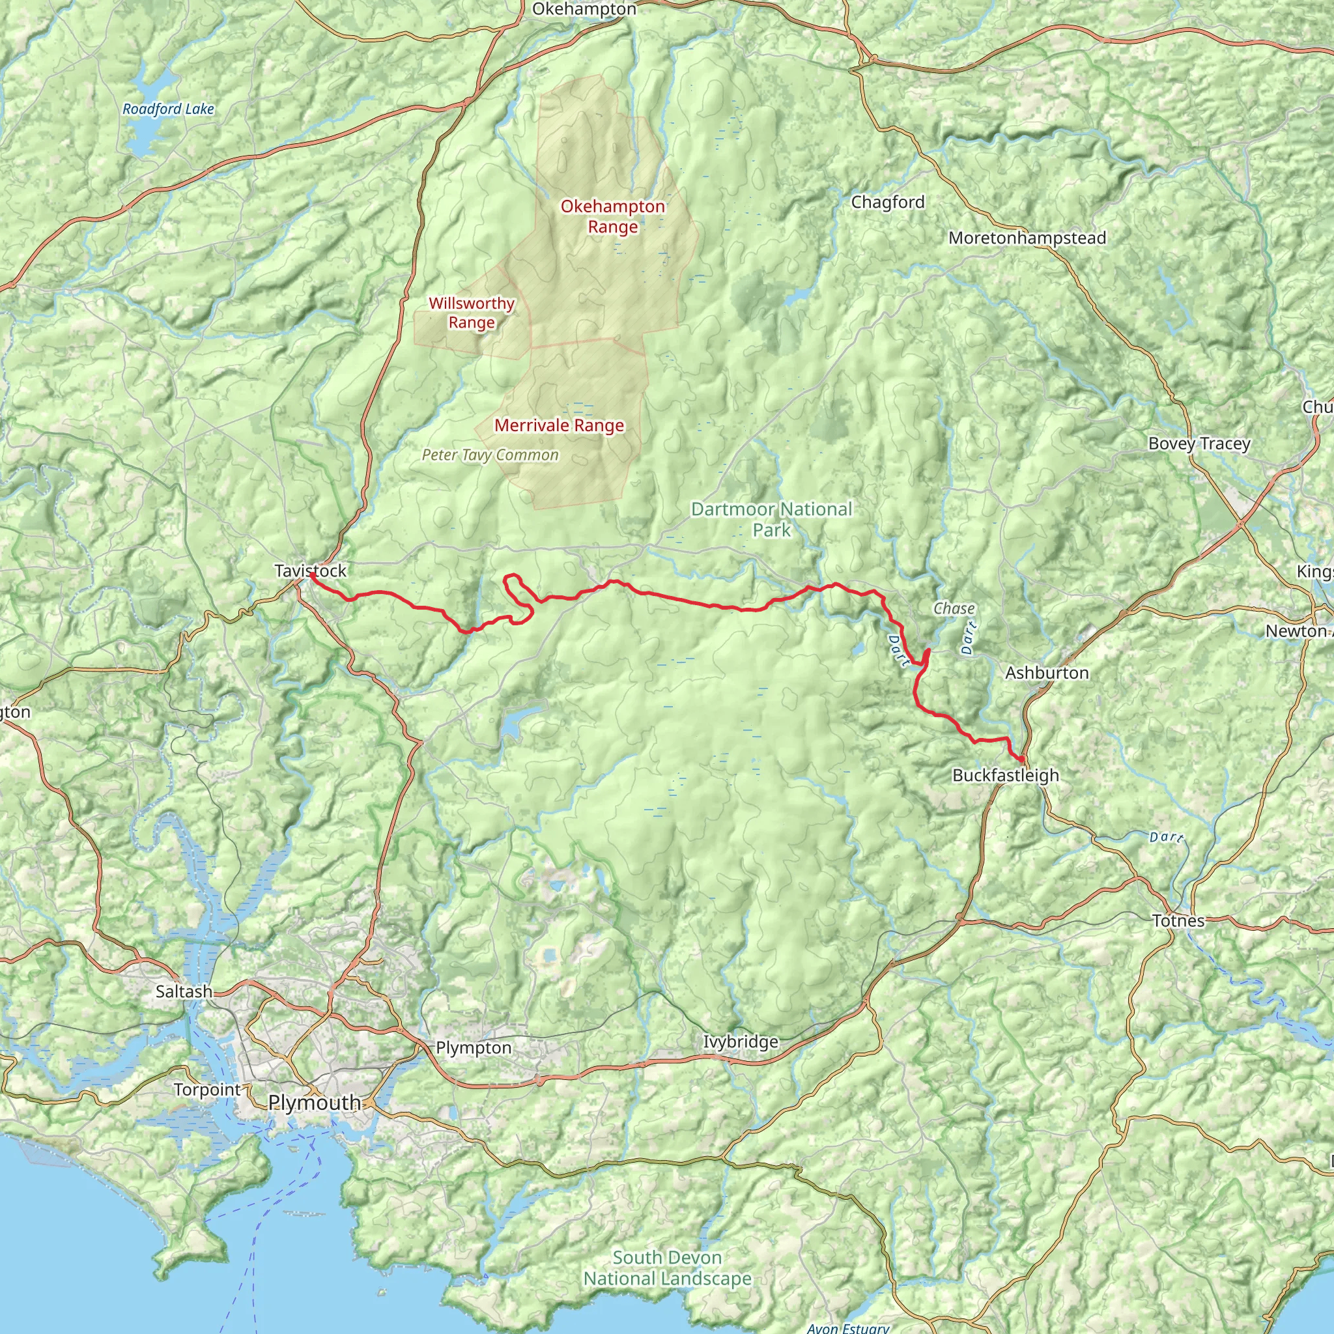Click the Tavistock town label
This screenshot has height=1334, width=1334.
pos(310,571)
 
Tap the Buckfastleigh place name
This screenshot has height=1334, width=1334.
pos(1005,775)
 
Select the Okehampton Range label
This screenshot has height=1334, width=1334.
pos(612,216)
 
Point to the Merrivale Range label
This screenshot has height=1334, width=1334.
pos(560,425)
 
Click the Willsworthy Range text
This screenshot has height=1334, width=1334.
pos(472,313)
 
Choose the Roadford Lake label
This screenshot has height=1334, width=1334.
pos(168,109)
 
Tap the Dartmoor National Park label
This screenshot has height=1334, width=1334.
pos(771,519)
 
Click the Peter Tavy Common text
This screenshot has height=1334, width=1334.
pos(490,455)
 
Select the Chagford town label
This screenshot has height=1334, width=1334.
pos(887,203)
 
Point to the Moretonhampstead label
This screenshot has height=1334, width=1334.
pos(1027,238)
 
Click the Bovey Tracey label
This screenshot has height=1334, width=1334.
pos(1199,444)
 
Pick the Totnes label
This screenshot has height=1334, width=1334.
pos(1178,920)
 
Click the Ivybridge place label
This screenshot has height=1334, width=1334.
pos(740,1042)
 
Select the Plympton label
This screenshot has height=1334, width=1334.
pos(474,1047)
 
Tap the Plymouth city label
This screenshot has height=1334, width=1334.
pos(314,1103)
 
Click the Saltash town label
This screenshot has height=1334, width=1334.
pos(184,991)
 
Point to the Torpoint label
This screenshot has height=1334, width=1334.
pos(207,1090)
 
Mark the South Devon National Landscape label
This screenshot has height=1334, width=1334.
pos(667,1268)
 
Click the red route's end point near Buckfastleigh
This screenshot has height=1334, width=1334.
pos(1021,759)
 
